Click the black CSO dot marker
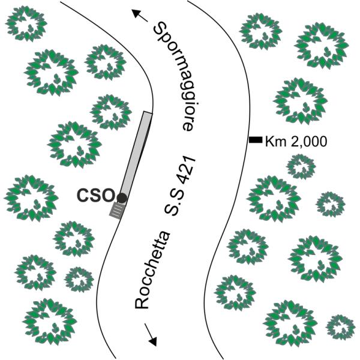click(121, 198)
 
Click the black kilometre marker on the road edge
click(256, 140)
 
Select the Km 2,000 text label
click(296, 142)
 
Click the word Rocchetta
click(152, 270)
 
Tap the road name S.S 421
click(179, 186)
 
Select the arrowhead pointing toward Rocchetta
click(152, 341)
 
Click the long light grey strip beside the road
click(136, 155)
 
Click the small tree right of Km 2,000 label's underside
click(301, 166)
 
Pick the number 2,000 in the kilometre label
click(308, 142)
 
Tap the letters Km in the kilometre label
click(276, 142)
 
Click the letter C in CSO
click(83, 196)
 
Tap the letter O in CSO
click(108, 196)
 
